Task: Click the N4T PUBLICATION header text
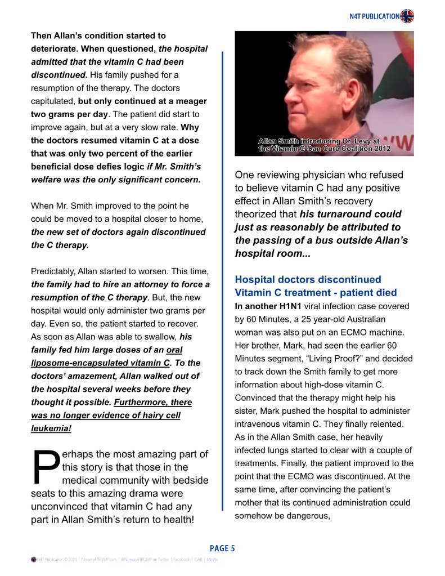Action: click(375, 16)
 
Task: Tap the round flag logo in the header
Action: click(407, 16)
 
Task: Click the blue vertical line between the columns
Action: click(223, 282)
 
